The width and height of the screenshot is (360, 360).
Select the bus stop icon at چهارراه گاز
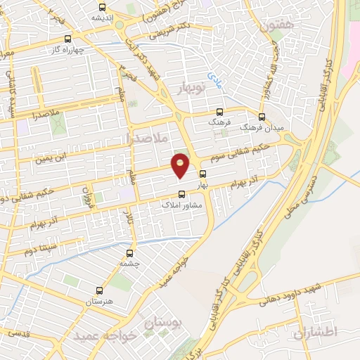pos(67,39)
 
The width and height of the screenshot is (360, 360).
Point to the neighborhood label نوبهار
pos(186,88)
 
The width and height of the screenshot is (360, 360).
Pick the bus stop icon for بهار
pos(203,174)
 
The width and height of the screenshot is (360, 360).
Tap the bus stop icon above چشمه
pos(129,253)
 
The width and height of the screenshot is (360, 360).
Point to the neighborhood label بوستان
pos(162,323)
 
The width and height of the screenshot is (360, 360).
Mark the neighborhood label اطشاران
pos(322,330)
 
